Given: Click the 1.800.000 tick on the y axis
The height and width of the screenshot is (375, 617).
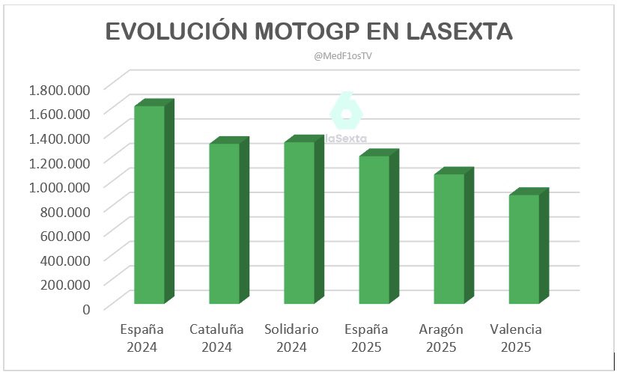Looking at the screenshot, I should click(x=59, y=90).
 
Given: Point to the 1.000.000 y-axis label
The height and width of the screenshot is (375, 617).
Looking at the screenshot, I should click(x=59, y=186).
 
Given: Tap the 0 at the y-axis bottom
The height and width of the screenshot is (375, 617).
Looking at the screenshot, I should click(x=86, y=308).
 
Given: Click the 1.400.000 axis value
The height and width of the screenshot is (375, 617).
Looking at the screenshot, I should click(x=59, y=138).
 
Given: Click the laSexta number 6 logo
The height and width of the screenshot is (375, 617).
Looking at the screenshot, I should click(x=346, y=112).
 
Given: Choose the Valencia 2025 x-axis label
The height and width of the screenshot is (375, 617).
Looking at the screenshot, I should click(x=515, y=338).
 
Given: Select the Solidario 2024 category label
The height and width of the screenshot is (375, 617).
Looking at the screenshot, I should click(x=291, y=338).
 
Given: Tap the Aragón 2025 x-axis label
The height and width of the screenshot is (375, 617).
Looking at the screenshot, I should click(x=441, y=338).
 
